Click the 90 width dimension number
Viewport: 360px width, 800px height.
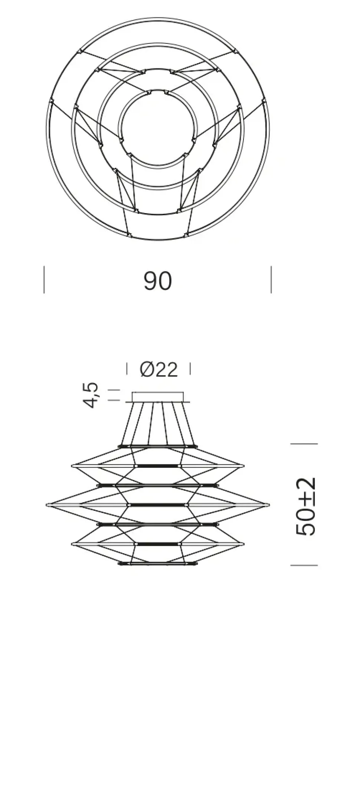pos(158,281)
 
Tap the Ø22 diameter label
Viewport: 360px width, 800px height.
pos(159,369)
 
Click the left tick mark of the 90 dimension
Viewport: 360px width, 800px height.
pos(44,280)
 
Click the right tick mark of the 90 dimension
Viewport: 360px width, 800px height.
pos(271,280)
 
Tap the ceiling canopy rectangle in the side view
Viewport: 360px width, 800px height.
pos(158,396)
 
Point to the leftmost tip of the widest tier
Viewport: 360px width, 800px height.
pos(48,505)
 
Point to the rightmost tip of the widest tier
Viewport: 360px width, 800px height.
pos(268,505)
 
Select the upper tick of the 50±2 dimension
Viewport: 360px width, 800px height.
pos(304,444)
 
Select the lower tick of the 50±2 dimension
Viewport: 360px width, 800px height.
pos(304,565)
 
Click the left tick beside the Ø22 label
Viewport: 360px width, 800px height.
pos(127,369)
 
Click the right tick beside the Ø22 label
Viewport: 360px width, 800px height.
pos(190,369)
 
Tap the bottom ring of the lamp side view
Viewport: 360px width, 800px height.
pos(158,564)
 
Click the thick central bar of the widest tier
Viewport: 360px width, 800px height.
pos(158,505)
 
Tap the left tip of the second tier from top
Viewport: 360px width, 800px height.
pos(72,465)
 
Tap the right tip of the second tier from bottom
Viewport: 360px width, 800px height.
pos(243,544)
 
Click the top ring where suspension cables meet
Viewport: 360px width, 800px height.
pos(158,446)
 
